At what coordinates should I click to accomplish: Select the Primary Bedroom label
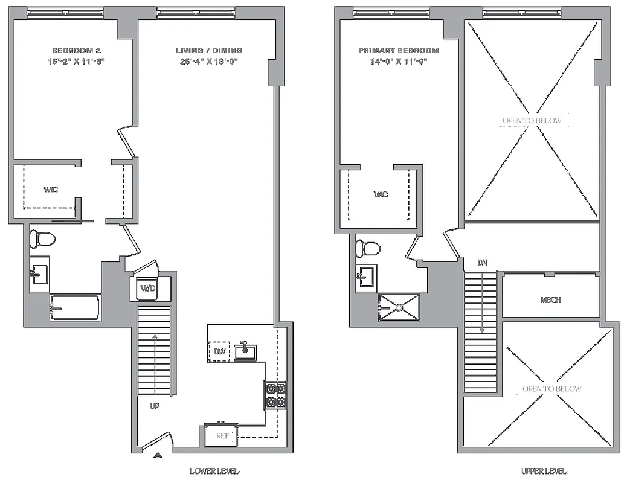[398, 50]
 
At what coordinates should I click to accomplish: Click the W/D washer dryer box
[148, 289]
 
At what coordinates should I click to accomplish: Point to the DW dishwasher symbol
[218, 351]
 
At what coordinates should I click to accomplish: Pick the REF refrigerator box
[220, 436]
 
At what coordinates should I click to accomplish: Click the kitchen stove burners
[275, 395]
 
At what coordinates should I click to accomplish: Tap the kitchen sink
[245, 351]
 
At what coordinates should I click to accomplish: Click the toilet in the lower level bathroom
[43, 238]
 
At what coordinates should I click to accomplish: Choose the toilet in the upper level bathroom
[368, 248]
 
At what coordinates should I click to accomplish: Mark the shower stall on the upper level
[398, 307]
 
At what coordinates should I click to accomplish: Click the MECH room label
[551, 300]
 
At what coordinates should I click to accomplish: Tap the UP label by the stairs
[154, 406]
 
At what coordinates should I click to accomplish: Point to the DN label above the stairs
[482, 263]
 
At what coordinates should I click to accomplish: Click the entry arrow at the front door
[158, 455]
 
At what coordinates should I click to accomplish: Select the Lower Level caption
[214, 471]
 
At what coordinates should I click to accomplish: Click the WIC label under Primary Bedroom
[381, 194]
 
